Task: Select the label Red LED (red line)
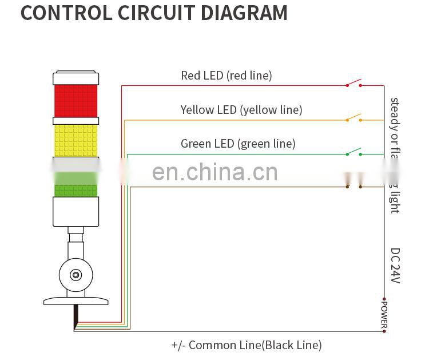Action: tap(227, 75)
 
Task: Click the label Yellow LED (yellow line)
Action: tap(241, 109)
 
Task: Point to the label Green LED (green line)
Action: tap(238, 144)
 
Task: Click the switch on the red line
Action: tap(353, 84)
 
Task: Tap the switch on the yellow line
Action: tap(353, 118)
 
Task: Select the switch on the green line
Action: tap(353, 152)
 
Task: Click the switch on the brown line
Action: tap(353, 187)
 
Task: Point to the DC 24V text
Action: tap(395, 265)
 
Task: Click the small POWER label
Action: tap(384, 314)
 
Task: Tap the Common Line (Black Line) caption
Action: tap(247, 345)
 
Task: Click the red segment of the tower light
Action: tap(76, 101)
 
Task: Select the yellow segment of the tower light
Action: tap(76, 140)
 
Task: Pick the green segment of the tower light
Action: tap(76, 190)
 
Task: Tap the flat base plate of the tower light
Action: tap(76, 300)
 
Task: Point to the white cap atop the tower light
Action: tap(76, 78)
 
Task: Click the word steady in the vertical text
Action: tap(395, 113)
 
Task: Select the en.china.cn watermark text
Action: tap(215, 172)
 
